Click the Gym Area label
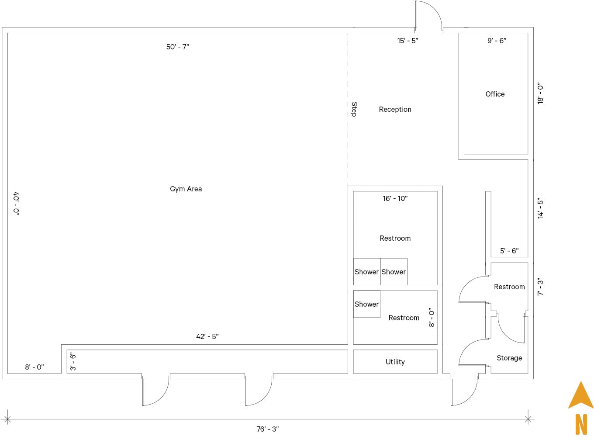pos(186,189)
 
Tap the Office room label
pos(495,94)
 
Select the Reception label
pos(395,109)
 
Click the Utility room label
pos(395,362)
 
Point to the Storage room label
pos(509,358)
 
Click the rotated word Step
pos(354,109)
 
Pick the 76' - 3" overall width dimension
pos(267,429)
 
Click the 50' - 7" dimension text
pos(177,47)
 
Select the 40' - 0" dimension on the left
pos(16,203)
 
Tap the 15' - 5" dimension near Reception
pos(407,41)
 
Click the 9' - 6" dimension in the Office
pos(497,41)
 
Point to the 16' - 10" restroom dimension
pos(395,198)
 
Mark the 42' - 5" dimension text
pos(207,336)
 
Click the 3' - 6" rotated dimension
pos(73,362)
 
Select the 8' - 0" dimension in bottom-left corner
pos(34,367)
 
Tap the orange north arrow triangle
pos(580,397)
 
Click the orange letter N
pos(581,424)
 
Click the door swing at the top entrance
pos(429,15)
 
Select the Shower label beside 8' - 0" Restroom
pos(366,304)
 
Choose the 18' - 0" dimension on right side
pos(541,93)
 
